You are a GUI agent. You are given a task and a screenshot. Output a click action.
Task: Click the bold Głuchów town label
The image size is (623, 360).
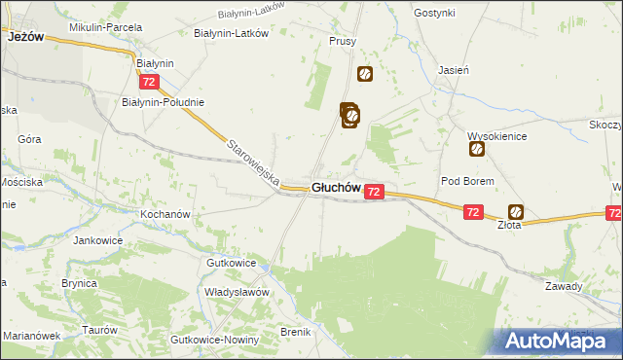coord(337,188)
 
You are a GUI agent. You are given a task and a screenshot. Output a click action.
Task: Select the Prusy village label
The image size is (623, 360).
coord(343,42)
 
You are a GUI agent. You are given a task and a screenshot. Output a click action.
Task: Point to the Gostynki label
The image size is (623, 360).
coord(434,13)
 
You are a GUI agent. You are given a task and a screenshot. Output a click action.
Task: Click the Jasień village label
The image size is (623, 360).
coord(455,71)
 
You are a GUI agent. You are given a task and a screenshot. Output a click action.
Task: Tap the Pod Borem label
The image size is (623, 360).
coord(468,181)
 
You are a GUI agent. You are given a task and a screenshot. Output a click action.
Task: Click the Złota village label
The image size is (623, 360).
coord(510,224)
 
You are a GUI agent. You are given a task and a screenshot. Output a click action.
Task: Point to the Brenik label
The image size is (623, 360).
coord(296,332)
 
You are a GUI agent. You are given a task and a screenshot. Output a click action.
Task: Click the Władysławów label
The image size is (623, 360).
coord(236,291)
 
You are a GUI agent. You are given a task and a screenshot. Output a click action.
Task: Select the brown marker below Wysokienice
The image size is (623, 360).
coord(477,150)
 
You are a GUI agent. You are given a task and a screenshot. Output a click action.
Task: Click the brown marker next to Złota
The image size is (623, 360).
coord(516,211)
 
